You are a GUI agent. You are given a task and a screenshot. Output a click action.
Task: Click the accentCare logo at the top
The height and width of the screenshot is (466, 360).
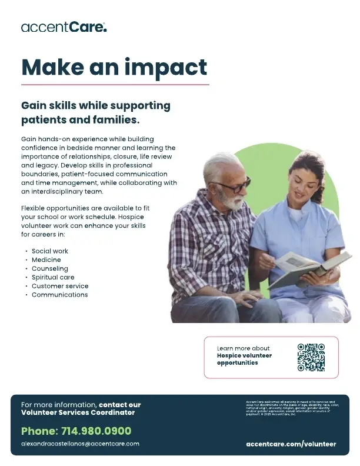[x=64, y=27]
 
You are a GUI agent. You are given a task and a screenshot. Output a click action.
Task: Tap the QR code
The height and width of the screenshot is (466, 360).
[x=311, y=357]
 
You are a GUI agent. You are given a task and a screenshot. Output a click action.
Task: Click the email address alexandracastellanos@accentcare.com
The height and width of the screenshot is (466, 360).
[x=80, y=444]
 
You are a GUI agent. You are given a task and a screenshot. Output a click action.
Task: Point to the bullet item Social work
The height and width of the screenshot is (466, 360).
[x=50, y=251]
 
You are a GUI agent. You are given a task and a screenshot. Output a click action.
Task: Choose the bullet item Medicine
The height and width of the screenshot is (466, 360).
[x=46, y=259]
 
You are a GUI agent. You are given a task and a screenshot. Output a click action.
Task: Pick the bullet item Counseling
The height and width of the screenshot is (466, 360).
[x=50, y=268]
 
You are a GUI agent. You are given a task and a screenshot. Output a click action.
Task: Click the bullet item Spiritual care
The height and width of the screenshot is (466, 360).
[x=53, y=277]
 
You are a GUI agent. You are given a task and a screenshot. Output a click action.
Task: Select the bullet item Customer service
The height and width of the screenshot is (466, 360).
[x=60, y=286]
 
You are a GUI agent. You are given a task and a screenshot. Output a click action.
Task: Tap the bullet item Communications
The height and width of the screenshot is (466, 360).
[x=59, y=295]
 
